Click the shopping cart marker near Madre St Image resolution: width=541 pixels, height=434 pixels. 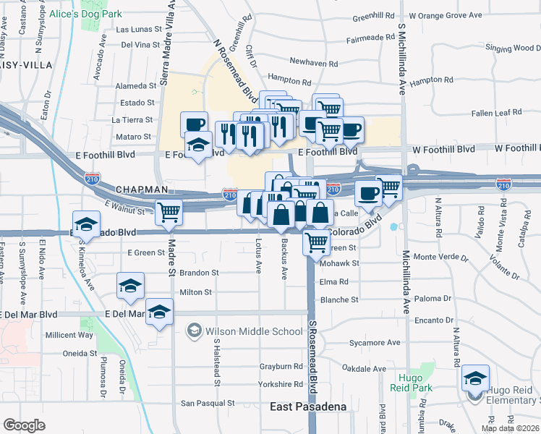pyautogui.click(x=169, y=211)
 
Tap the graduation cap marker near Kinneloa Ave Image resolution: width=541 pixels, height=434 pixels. pyautogui.click(x=86, y=223)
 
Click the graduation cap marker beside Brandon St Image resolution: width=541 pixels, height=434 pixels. pyautogui.click(x=130, y=286)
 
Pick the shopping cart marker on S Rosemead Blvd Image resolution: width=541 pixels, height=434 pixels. pyautogui.click(x=316, y=243)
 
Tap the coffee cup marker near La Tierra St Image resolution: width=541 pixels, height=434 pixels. pyautogui.click(x=194, y=124)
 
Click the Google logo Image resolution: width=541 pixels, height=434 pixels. pyautogui.click(x=24, y=425)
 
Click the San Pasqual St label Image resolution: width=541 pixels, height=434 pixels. pyautogui.click(x=208, y=403)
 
